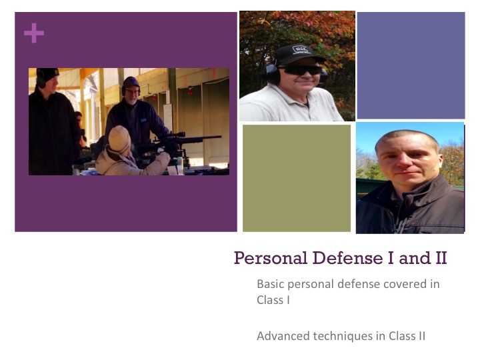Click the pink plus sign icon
pyautogui.click(x=34, y=33)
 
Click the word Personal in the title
pyautogui.click(x=271, y=258)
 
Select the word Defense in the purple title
pyautogui.click(x=347, y=258)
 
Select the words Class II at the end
pyautogui.click(x=407, y=336)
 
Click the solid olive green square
pyautogui.click(x=297, y=178)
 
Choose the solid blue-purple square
pyautogui.click(x=411, y=65)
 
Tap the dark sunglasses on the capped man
pyautogui.click(x=301, y=71)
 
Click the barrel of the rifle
pyautogui.click(x=202, y=139)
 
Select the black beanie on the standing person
pyautogui.click(x=47, y=74)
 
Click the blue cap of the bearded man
pyautogui.click(x=131, y=82)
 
